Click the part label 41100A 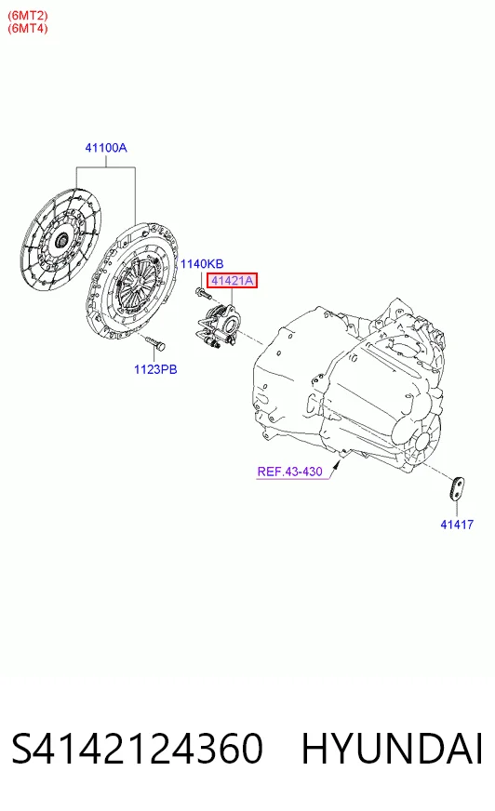(x=106, y=148)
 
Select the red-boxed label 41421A (x=233, y=281)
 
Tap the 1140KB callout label (x=202, y=264)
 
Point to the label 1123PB (x=155, y=369)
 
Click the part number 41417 (x=457, y=525)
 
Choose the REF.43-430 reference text (x=289, y=472)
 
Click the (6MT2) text (x=27, y=16)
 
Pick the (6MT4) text (x=27, y=28)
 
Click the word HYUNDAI (x=392, y=749)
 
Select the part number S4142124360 (x=138, y=749)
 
